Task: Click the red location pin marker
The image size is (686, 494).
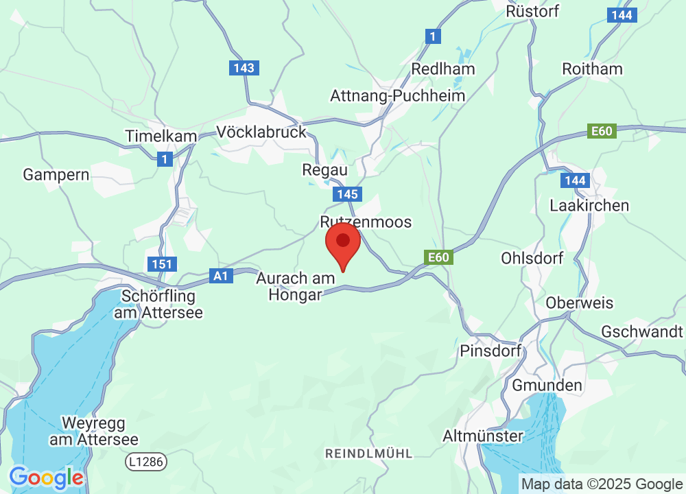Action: [x=343, y=248]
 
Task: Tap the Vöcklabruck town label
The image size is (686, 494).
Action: [x=261, y=131]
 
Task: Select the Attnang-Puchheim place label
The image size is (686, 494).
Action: [x=398, y=95]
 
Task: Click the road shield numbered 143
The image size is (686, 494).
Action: [x=244, y=68]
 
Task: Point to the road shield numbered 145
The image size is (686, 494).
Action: [x=348, y=195]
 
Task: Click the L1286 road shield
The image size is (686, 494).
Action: [x=146, y=462]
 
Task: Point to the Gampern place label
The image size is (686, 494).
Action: [x=56, y=174]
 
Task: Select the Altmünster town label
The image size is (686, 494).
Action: [x=483, y=436]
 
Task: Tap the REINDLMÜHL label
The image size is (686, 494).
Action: [x=369, y=454]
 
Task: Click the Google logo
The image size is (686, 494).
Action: [x=46, y=478]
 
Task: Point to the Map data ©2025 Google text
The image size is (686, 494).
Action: [x=602, y=484]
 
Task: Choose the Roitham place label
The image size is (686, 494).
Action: [x=592, y=69]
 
